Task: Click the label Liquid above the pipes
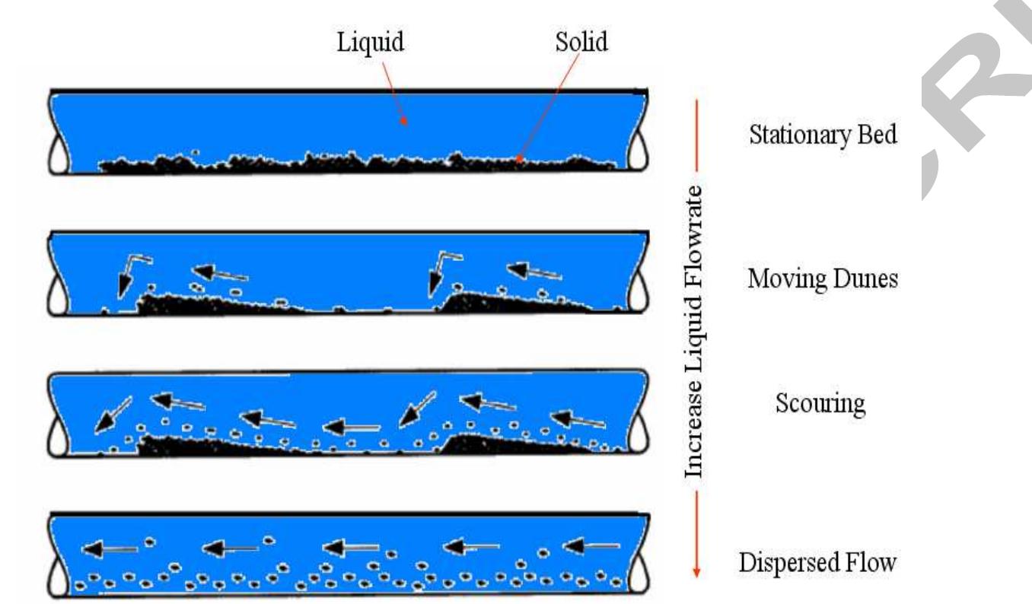point(370,43)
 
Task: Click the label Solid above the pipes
point(580,43)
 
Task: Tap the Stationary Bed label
point(813,138)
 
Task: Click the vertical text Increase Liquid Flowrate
point(694,330)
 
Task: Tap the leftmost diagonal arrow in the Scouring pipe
point(111,415)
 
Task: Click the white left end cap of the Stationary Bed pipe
point(59,156)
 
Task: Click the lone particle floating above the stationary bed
point(196,153)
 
